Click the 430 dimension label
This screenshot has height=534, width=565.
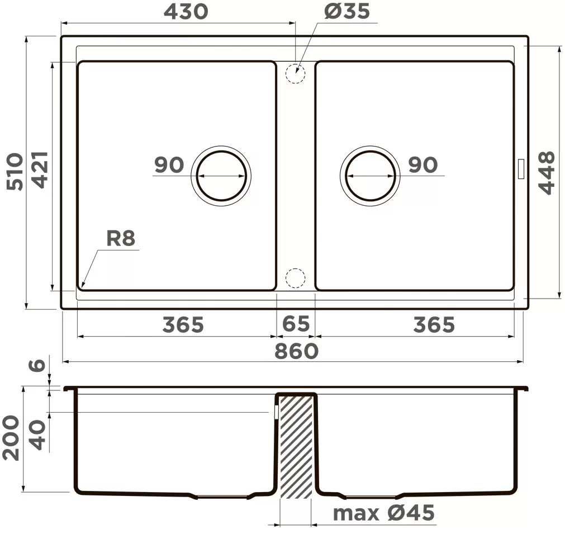click(x=186, y=12)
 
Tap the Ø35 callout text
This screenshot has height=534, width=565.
click(x=346, y=11)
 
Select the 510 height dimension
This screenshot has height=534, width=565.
click(x=16, y=172)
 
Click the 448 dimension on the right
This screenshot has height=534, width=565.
click(x=546, y=173)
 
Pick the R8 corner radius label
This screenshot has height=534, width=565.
click(x=120, y=238)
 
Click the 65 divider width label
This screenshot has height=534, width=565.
click(x=296, y=323)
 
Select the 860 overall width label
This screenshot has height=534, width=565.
click(x=296, y=351)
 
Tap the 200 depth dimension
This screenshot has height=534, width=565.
click(x=11, y=437)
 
